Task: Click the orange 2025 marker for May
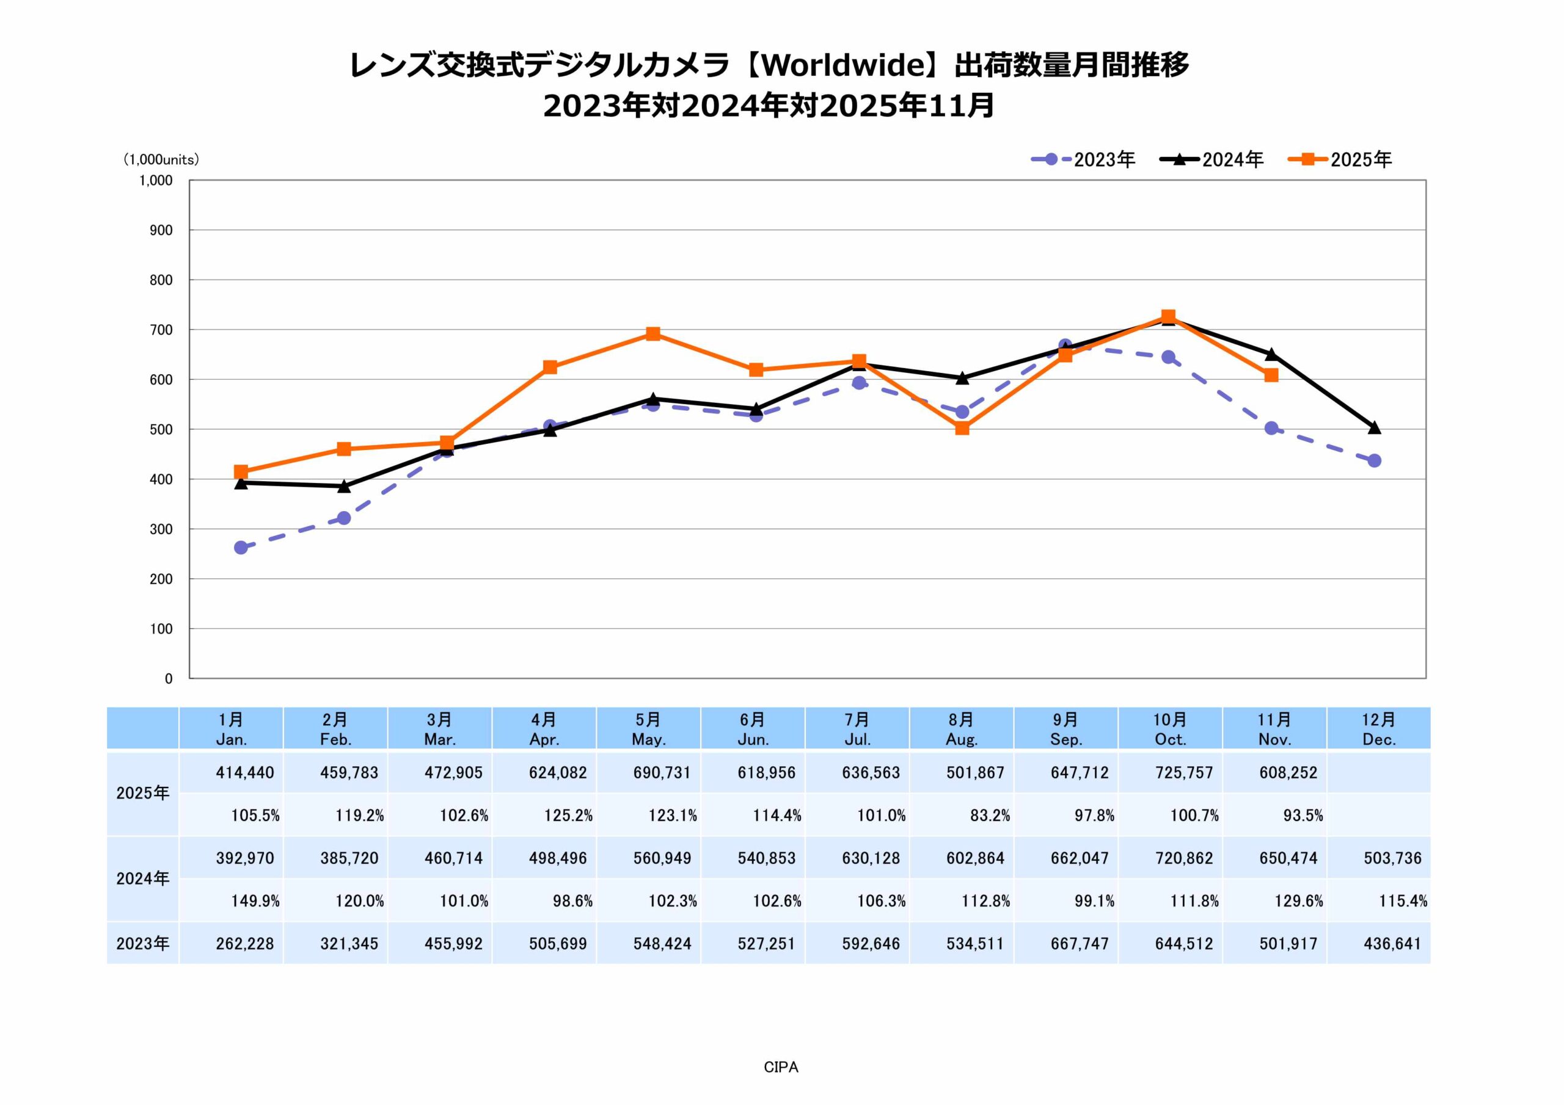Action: click(652, 333)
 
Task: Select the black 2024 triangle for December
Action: click(1374, 427)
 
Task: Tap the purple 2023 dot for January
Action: click(241, 548)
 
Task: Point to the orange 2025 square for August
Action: click(962, 428)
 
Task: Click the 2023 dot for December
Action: click(1374, 461)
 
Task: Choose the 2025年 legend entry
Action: click(1339, 159)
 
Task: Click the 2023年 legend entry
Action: click(1083, 159)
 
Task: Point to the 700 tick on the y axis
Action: click(161, 330)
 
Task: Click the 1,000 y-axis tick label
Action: click(156, 181)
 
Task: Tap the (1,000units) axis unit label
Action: click(161, 159)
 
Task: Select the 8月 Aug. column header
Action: click(961, 728)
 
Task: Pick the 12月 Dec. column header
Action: click(1379, 728)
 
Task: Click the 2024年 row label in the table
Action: click(142, 879)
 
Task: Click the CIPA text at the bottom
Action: click(781, 1067)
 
